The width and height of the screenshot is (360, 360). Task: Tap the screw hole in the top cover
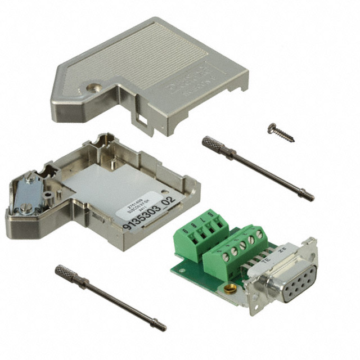pyautogui.click(x=92, y=87)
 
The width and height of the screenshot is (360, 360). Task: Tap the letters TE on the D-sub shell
pyautogui.click(x=264, y=255)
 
